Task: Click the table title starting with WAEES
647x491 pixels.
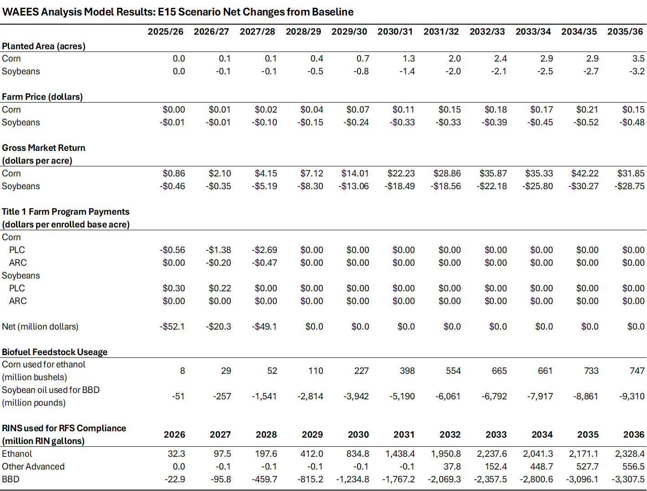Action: [x=178, y=12]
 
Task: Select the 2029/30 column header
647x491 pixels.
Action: [x=349, y=31]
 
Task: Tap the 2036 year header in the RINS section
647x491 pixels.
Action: [x=634, y=434]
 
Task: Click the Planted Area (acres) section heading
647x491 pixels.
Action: [x=44, y=46]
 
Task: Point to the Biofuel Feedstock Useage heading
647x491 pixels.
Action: [x=55, y=352]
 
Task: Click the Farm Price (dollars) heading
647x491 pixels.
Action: [x=42, y=97]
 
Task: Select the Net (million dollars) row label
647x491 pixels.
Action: [x=40, y=326]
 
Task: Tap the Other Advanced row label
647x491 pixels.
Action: [x=33, y=466]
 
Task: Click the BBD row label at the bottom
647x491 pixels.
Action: [x=10, y=479]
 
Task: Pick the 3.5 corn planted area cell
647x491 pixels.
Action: [x=638, y=58]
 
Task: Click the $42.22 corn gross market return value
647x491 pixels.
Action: [x=585, y=173]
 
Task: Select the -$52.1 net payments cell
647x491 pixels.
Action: [x=172, y=326]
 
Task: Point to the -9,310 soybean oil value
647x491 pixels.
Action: [x=631, y=396]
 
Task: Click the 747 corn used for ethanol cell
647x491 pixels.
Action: [x=637, y=371]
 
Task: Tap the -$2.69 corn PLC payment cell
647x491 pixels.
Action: [x=264, y=250]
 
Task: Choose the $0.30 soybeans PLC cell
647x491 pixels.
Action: [x=174, y=288]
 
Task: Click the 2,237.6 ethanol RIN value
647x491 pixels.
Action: [x=492, y=454]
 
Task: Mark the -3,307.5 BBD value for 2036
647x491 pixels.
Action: [x=628, y=479]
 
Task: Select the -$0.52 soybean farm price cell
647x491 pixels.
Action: [x=586, y=122]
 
